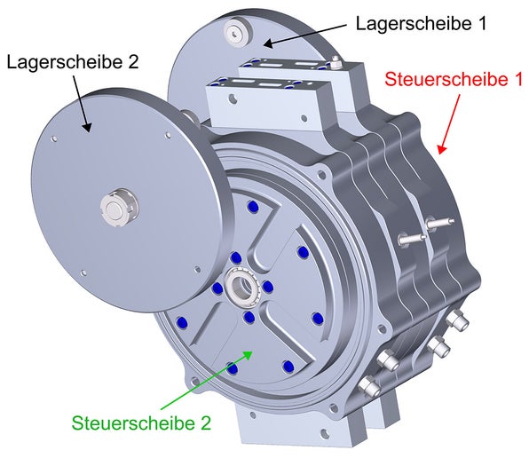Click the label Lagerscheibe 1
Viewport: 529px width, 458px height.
421,24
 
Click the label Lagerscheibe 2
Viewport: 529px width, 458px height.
73,62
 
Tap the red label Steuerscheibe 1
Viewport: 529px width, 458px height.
454,79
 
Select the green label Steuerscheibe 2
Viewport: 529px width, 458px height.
141,422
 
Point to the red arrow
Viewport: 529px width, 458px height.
450,124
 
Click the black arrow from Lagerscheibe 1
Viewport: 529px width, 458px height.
304,36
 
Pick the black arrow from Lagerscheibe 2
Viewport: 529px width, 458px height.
82,103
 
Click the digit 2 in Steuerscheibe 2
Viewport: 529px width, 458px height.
205,423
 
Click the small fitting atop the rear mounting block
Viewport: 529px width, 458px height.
335,60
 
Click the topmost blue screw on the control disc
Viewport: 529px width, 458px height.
252,207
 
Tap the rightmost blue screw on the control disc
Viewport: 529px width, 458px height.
318,319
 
